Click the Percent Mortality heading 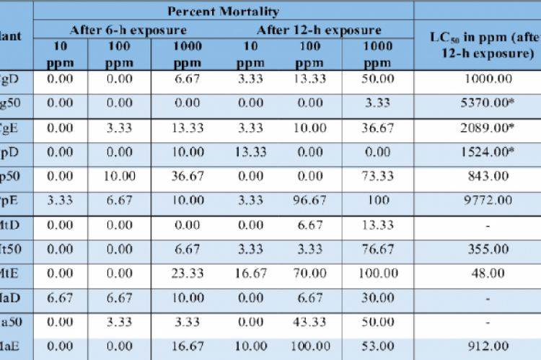click(223, 11)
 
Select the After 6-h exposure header click(128, 30)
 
